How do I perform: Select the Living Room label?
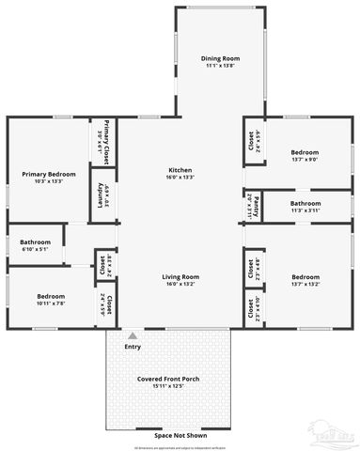pyautogui.click(x=180, y=276)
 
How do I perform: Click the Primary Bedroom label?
pyautogui.click(x=49, y=173)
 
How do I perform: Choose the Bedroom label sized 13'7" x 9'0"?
pyautogui.click(x=305, y=152)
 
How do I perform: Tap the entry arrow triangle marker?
pyautogui.click(x=133, y=335)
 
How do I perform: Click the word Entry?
pyautogui.click(x=133, y=347)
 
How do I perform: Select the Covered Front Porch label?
pyautogui.click(x=167, y=379)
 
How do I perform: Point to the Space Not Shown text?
pyautogui.click(x=169, y=434)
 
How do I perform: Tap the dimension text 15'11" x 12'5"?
pyautogui.click(x=167, y=386)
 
